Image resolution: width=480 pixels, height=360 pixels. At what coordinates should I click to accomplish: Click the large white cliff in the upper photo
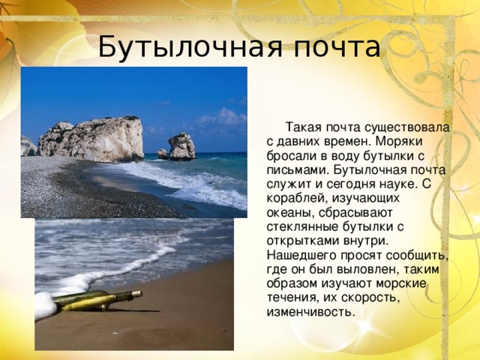94,139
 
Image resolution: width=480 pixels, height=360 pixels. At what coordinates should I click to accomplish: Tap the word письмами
290,169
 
